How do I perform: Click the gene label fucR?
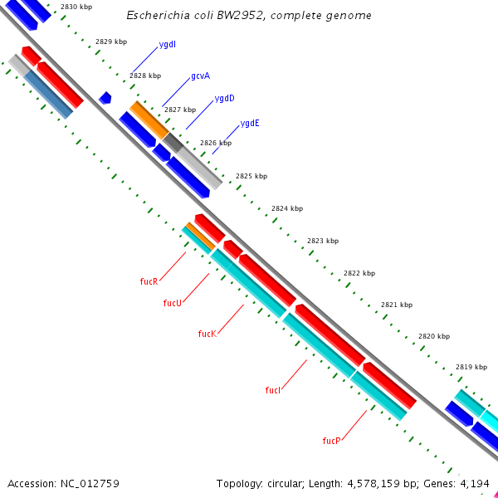[149, 281]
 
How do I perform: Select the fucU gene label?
[172, 303]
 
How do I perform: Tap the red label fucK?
[207, 334]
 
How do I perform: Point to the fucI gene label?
[273, 390]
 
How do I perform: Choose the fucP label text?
[331, 440]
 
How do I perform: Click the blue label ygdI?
[167, 44]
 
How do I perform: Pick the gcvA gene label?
[200, 76]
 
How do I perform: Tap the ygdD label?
[224, 98]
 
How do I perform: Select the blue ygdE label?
[250, 123]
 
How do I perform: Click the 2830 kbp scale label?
[76, 7]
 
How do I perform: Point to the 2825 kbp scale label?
[251, 176]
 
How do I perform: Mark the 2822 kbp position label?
[359, 273]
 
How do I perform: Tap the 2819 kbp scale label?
[471, 367]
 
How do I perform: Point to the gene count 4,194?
[475, 483]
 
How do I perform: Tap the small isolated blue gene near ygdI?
[105, 98]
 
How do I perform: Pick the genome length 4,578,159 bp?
[386, 483]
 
